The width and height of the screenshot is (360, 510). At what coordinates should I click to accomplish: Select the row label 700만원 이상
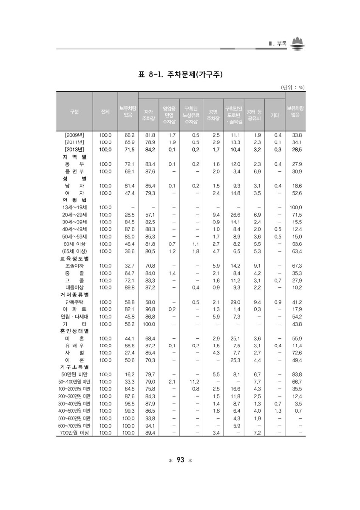pos(74,433)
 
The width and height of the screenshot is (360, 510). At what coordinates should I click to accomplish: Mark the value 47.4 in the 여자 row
pos(127,193)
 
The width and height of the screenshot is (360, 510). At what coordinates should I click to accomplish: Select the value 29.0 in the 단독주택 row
pos(233,302)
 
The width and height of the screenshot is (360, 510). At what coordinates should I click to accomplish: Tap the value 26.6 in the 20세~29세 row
pos(233,214)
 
